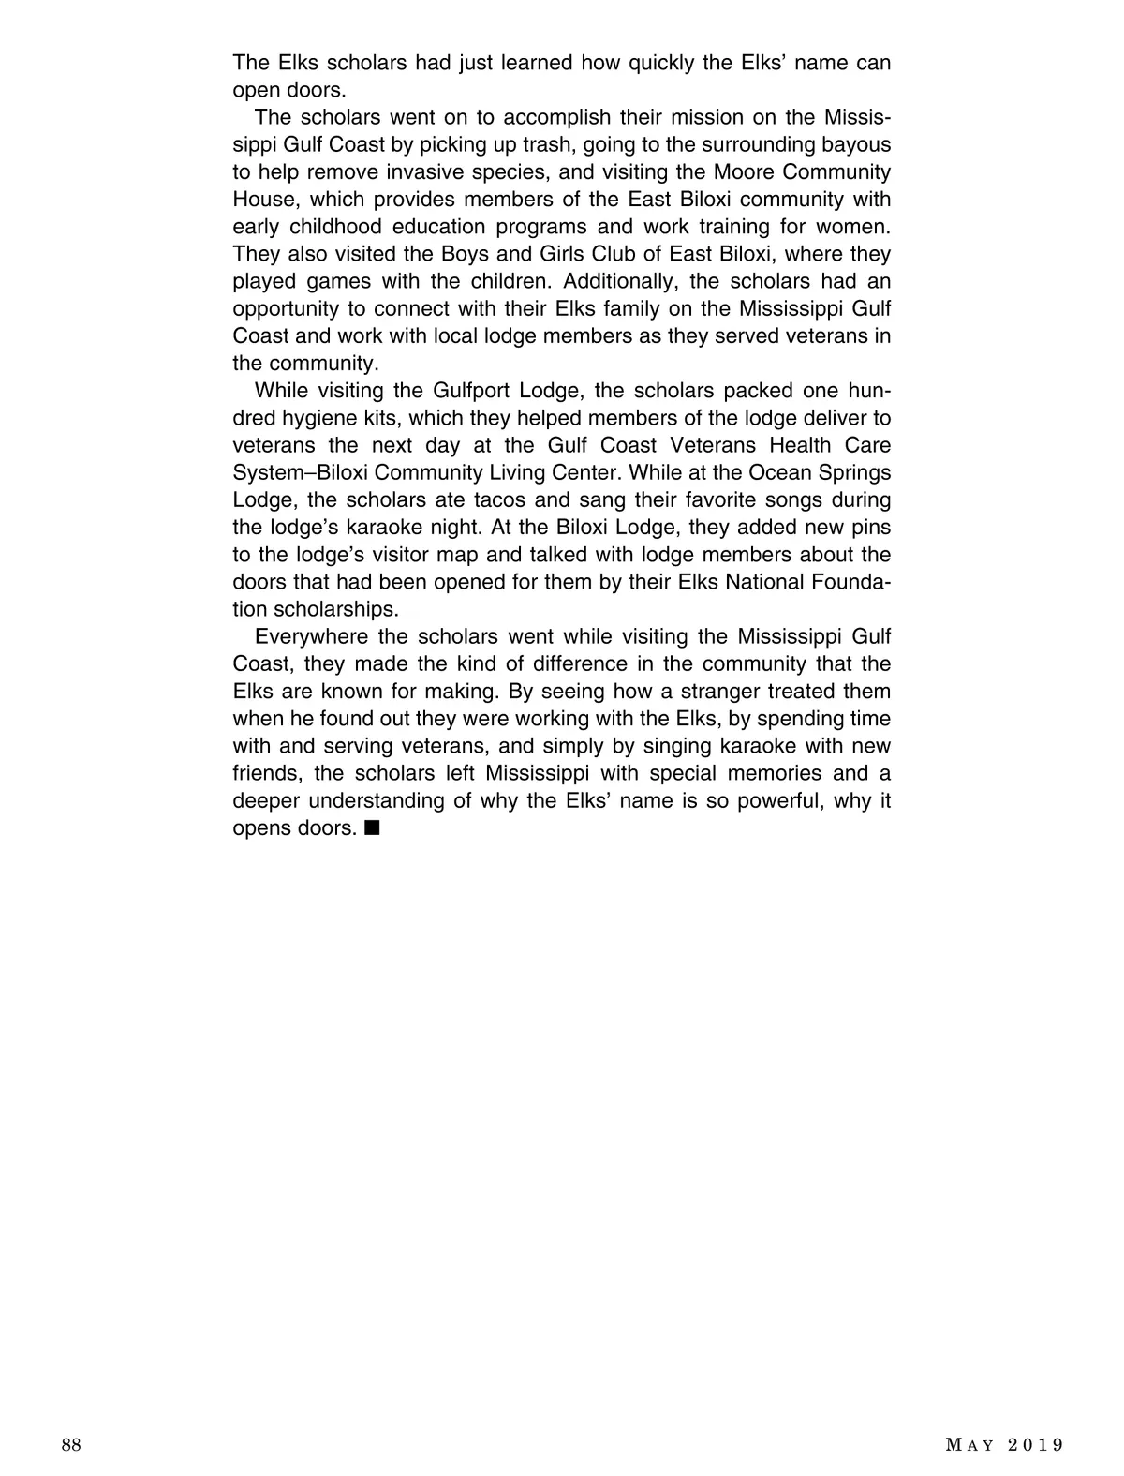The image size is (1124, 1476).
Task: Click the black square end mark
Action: (372, 828)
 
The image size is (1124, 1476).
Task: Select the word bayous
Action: (853, 144)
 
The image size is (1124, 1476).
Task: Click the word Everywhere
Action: (311, 636)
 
